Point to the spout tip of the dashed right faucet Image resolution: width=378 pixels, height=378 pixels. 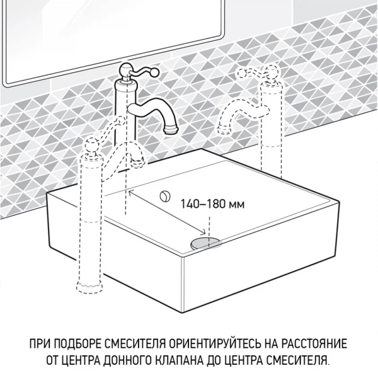click(223, 129)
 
